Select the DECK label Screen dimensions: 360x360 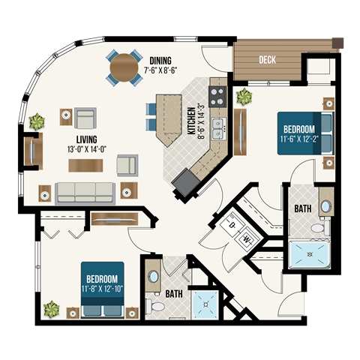click(268, 59)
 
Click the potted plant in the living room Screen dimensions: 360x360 click(35, 120)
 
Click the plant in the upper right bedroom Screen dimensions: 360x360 click(243, 97)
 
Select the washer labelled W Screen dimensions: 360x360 click(247, 239)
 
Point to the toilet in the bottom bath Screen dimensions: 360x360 click(156, 307)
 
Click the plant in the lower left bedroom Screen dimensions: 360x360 click(51, 308)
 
